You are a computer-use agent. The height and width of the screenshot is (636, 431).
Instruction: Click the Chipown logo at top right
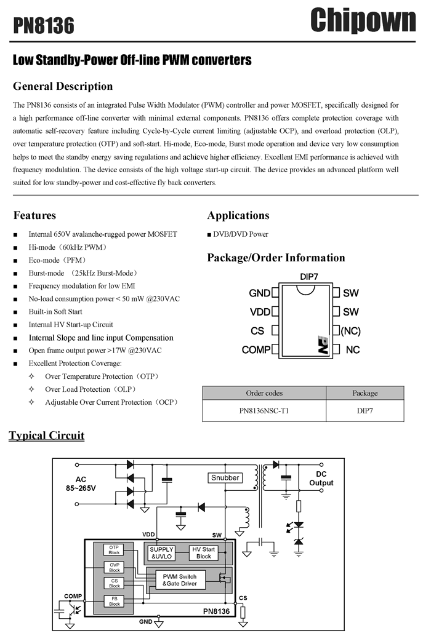tap(363, 21)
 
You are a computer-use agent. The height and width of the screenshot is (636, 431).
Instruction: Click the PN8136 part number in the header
tap(44, 26)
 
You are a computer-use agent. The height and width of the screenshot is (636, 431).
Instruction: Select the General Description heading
tap(63, 86)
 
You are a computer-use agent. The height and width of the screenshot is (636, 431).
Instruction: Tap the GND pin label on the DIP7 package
tap(259, 293)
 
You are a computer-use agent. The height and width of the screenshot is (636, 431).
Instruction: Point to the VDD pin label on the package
tap(260, 312)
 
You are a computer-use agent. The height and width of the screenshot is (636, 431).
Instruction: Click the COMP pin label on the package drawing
tap(256, 349)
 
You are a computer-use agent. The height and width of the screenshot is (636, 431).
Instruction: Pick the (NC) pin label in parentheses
tap(350, 331)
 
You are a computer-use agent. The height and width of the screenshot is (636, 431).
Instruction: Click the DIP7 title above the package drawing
tap(309, 277)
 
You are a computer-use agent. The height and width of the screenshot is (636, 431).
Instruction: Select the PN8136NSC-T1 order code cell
tap(264, 410)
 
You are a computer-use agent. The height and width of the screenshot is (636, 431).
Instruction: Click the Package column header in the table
tap(365, 393)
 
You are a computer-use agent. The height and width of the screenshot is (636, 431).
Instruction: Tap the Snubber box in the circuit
tap(225, 478)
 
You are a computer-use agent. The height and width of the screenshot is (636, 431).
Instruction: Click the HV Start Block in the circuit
tap(203, 553)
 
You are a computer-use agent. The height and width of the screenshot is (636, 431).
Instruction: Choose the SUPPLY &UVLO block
tap(161, 553)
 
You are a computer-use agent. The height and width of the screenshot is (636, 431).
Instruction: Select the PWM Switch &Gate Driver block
tap(179, 580)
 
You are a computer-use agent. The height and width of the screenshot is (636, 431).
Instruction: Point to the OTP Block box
tap(114, 550)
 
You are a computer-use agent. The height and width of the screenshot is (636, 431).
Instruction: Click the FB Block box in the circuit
tap(115, 601)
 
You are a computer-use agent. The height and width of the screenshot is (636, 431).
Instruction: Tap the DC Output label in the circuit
tap(321, 479)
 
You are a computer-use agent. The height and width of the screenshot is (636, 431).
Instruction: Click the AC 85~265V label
tap(81, 484)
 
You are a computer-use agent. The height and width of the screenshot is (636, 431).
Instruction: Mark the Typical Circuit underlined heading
tap(47, 435)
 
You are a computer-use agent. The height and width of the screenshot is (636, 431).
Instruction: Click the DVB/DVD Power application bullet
tap(238, 234)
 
